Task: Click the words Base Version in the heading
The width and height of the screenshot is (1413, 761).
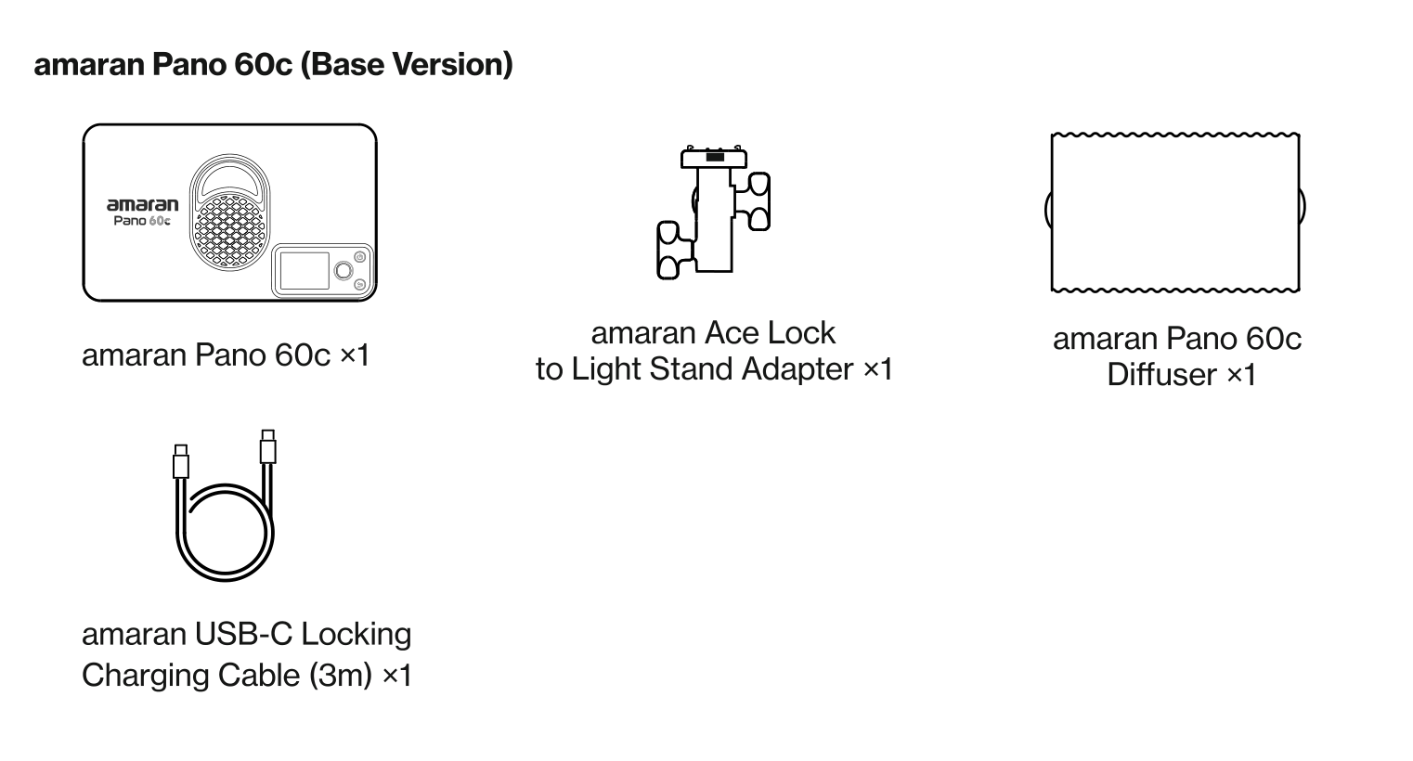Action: (x=410, y=64)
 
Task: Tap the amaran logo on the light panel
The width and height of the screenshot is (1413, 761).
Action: (x=143, y=204)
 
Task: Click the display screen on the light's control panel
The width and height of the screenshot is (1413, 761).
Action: (x=305, y=270)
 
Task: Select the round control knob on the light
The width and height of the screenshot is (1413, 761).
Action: (x=344, y=270)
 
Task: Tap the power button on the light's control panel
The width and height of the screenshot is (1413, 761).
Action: (x=359, y=257)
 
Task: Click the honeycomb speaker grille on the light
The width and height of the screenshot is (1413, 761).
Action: (x=229, y=231)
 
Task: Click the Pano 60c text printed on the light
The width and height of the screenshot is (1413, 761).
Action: (x=142, y=221)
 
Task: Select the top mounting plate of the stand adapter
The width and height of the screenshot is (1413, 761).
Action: (x=714, y=157)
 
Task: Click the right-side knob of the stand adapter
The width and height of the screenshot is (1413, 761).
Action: (x=754, y=201)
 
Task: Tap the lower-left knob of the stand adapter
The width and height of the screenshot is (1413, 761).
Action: (x=674, y=250)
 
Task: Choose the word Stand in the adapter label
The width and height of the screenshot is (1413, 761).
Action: (x=692, y=368)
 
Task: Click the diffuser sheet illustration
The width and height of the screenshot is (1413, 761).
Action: (x=1175, y=213)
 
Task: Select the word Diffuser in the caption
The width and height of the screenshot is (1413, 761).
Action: (x=1161, y=375)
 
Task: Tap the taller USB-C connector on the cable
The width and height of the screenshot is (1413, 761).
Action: (x=268, y=446)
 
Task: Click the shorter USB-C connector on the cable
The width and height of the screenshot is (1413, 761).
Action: (x=181, y=461)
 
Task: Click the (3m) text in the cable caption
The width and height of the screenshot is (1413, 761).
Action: (x=341, y=676)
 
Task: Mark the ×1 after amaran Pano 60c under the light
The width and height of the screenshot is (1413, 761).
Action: (x=355, y=355)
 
